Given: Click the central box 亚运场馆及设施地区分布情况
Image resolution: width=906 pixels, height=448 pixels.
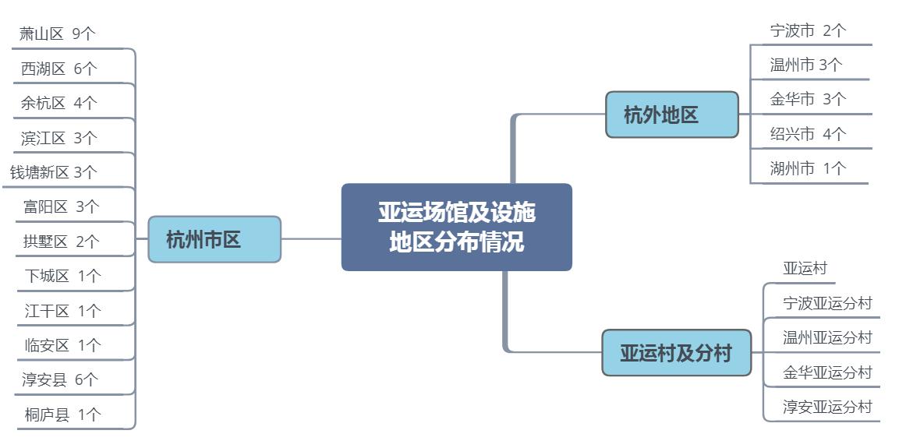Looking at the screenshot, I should [x=456, y=227].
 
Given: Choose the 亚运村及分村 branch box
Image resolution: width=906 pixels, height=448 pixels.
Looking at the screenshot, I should [x=676, y=352].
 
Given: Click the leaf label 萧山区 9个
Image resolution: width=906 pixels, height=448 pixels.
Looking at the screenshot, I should [x=58, y=34].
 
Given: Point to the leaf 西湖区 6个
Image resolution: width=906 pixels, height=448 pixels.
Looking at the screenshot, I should [x=59, y=69].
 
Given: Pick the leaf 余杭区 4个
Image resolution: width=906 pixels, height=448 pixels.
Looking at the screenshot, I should [x=59, y=103].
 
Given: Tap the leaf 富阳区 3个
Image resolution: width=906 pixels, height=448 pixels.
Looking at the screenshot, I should [x=62, y=206].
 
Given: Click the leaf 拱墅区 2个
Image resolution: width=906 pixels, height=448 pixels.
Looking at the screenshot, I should [x=62, y=241].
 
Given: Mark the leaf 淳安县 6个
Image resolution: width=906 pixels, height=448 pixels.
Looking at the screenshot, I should [x=60, y=379].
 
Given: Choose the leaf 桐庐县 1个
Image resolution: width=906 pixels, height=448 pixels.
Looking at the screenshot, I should [x=62, y=414].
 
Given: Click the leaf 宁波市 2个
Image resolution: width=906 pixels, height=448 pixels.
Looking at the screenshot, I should [x=808, y=30].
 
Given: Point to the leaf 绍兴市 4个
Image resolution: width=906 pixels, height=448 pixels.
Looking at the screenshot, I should [x=808, y=134].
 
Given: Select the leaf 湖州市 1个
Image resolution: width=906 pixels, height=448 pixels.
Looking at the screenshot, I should [x=808, y=168].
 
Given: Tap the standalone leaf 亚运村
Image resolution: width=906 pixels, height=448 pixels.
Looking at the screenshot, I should [x=805, y=268].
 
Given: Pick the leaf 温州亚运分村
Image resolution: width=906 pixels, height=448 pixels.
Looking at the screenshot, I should [x=827, y=337].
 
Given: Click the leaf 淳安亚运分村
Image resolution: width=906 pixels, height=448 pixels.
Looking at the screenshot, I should [x=827, y=407].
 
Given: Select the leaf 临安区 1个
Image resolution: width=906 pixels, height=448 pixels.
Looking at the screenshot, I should [x=62, y=345].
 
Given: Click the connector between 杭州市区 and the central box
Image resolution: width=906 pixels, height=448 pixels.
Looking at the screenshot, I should [x=311, y=238].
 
